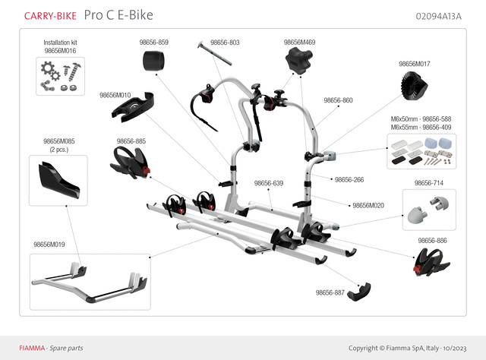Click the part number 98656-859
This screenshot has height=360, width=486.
pyautogui.click(x=154, y=43)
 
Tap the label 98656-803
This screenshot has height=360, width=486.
pyautogui.click(x=225, y=43)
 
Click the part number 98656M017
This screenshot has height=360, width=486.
pyautogui.click(x=415, y=65)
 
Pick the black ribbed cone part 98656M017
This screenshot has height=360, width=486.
pyautogui.click(x=412, y=90)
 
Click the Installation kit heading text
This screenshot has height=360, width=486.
pyautogui.click(x=60, y=43)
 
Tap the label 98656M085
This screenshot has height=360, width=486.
pyautogui.click(x=59, y=141)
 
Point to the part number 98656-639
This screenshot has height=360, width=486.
pyautogui.click(x=268, y=183)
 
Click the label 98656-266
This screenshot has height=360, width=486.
pyautogui.click(x=349, y=180)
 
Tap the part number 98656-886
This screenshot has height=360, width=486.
pyautogui.click(x=432, y=241)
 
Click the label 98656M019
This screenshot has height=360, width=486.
pyautogui.click(x=49, y=245)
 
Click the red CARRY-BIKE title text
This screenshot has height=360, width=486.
pyautogui.click(x=49, y=15)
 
